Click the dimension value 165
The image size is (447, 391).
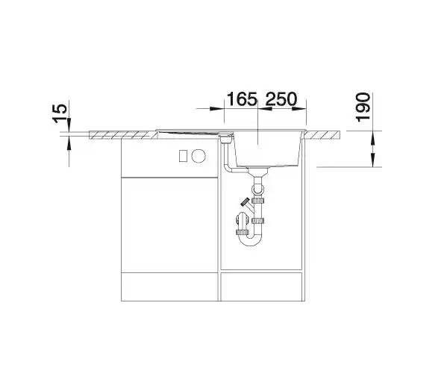242,99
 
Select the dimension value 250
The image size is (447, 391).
281,99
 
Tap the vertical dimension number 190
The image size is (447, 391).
363,107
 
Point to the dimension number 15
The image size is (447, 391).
60,113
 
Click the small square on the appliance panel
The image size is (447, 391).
183,156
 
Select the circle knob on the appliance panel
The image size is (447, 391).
199,156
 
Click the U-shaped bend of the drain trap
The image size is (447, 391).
250,240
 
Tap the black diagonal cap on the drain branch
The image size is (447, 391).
245,202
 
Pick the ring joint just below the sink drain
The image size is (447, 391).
257,188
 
